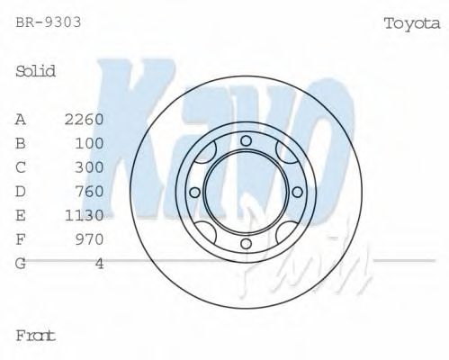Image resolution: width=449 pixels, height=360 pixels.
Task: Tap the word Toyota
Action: pos(413,22)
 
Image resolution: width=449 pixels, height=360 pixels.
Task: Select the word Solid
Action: pos(36,71)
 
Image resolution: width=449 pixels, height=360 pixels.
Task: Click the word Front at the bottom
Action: pos(36,335)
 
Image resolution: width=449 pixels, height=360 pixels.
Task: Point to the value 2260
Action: pos(85,119)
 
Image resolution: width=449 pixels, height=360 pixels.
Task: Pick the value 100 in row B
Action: pos(90,143)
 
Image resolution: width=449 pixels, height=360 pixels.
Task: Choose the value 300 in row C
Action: pos(90,167)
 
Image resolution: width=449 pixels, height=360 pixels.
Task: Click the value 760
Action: pos(90,191)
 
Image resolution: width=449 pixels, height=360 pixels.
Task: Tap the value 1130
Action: pos(85,215)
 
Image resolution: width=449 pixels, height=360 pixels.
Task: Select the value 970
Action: pos(90,239)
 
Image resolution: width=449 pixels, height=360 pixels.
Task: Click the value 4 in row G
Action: pos(100,263)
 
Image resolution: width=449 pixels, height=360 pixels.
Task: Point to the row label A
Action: pos(21,119)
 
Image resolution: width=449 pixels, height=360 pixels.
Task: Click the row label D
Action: pos(21,191)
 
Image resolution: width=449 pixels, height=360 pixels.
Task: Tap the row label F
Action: pos(21,239)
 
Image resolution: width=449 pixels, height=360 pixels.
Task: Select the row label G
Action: pos(21,263)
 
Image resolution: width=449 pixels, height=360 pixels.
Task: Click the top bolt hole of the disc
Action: pos(245,139)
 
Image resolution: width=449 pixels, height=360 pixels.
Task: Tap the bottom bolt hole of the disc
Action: pos(245,243)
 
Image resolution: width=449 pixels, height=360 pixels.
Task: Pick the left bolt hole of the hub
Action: pos(193,191)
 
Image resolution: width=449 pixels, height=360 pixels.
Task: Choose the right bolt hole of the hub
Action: pos(297,191)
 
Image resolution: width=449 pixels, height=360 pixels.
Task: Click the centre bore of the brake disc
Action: pos(245,191)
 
